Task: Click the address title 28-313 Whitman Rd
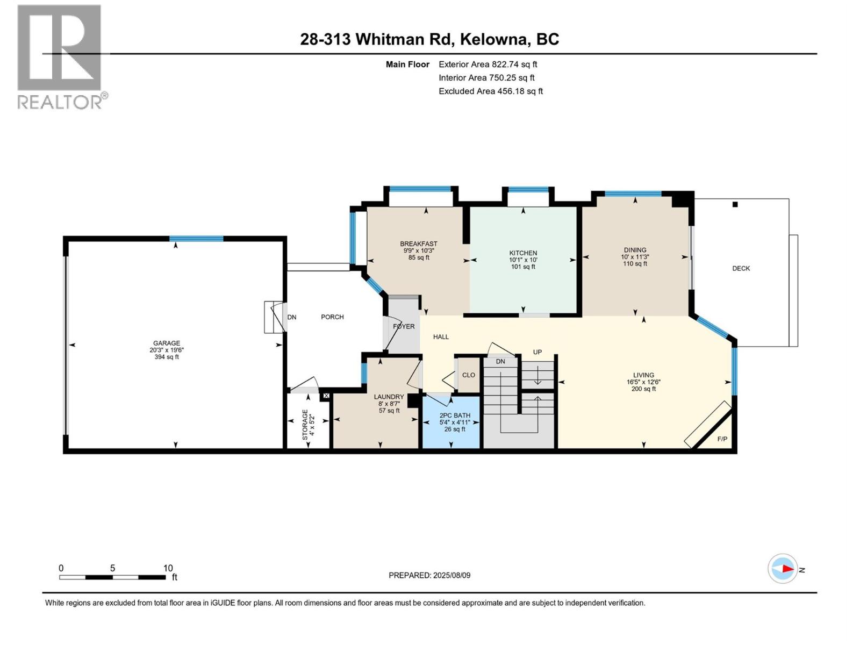point(429,39)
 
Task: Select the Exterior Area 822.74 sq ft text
point(488,64)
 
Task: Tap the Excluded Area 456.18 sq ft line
point(490,91)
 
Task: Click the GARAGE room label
point(166,343)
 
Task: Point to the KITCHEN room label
point(523,253)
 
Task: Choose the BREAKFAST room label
point(418,244)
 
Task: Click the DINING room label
point(635,250)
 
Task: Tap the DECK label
point(741,268)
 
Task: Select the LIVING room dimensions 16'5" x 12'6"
point(643,382)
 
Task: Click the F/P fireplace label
point(722,439)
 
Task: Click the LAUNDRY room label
point(389,397)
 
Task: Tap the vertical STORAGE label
point(305,425)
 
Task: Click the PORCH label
point(332,317)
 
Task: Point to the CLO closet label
point(468,375)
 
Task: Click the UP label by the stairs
point(537,352)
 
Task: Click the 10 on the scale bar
point(168,568)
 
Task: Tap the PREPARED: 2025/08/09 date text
point(429,575)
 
